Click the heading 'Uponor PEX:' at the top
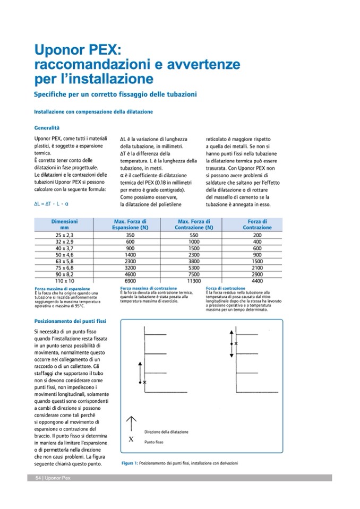[x=78, y=51]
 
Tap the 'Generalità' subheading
[x=47, y=128]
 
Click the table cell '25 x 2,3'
[x=65, y=235]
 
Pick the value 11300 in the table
[x=194, y=280]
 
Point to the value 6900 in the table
[x=130, y=280]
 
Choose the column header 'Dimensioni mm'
[x=65, y=224]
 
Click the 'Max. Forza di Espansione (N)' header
[x=130, y=224]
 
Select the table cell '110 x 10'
[x=65, y=280]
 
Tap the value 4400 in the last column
[x=258, y=280]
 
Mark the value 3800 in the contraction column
[x=194, y=261]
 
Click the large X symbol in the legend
[x=131, y=440]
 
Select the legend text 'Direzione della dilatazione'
[x=166, y=432]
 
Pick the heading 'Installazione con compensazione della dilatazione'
[x=93, y=112]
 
